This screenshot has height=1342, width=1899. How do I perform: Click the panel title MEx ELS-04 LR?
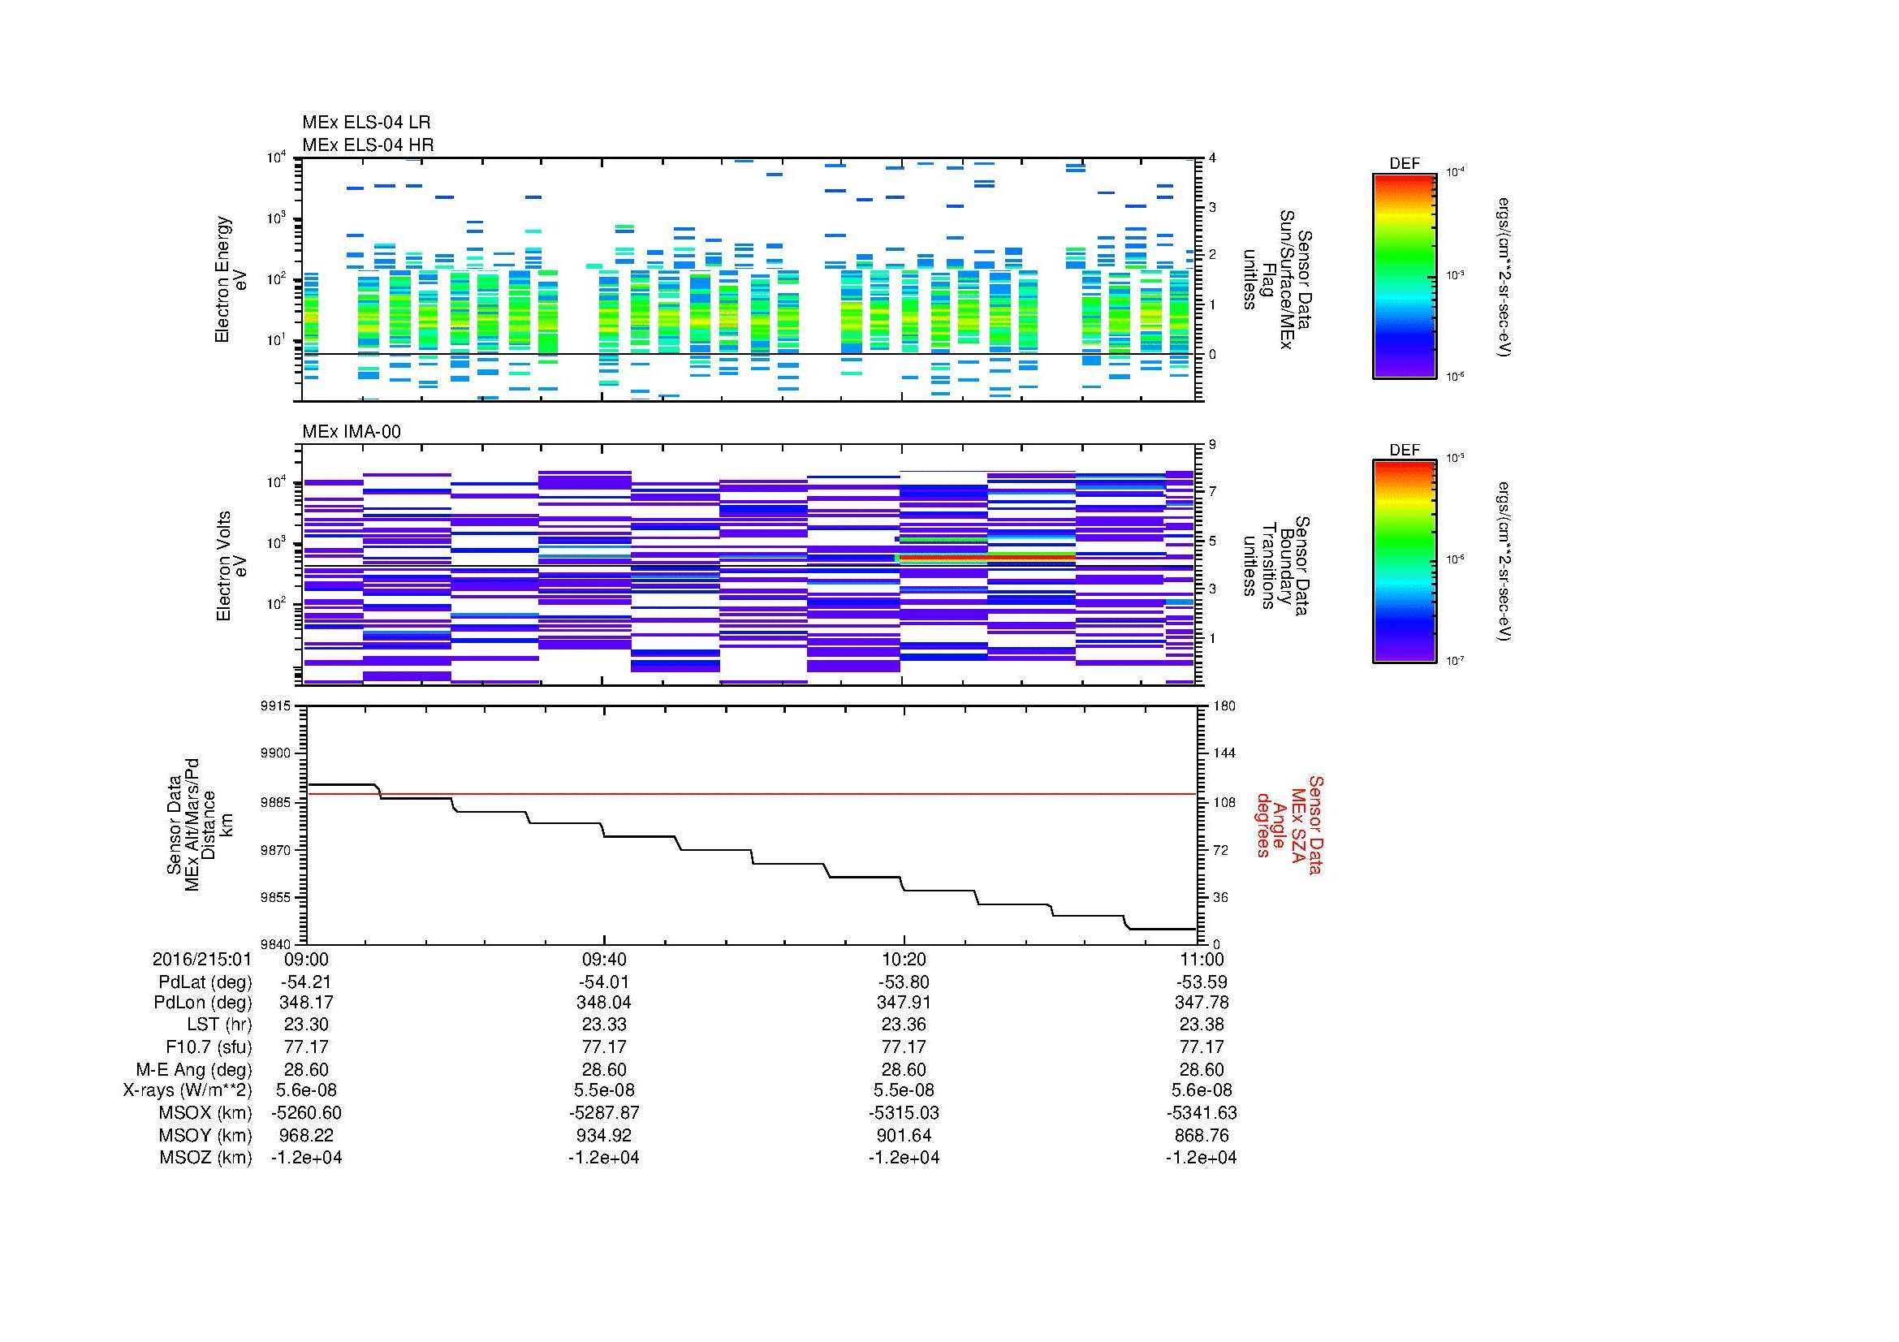click(365, 123)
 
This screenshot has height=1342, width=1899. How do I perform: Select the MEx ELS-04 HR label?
click(367, 145)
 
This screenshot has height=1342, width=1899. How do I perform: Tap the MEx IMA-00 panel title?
click(352, 432)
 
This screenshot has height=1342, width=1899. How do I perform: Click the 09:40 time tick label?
click(604, 959)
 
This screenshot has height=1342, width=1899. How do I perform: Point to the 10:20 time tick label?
click(904, 959)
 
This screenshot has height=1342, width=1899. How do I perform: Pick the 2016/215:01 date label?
click(202, 959)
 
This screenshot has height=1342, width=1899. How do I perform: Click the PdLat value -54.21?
click(307, 982)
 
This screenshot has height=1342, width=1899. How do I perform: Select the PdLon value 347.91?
click(904, 1002)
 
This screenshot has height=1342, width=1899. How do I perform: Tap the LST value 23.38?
click(1202, 1025)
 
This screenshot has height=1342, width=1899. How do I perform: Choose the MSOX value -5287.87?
click(604, 1113)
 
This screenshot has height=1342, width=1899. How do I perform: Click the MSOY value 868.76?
click(1202, 1135)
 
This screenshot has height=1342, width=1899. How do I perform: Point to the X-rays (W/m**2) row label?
click(188, 1090)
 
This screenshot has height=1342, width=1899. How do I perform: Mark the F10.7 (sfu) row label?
click(209, 1046)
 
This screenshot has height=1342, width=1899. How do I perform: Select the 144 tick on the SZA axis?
click(1223, 753)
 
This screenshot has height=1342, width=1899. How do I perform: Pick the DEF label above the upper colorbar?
click(1405, 164)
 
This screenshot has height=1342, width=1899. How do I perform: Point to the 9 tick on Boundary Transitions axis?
click(1212, 445)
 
